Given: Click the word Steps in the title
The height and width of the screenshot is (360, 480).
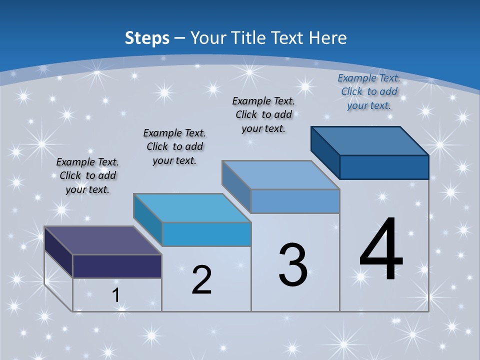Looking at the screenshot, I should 147,38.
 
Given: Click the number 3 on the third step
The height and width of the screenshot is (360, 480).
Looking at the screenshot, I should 293,265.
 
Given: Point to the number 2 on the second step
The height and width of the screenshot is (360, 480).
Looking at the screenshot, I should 201,280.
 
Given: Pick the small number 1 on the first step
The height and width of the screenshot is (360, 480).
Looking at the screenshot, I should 116,295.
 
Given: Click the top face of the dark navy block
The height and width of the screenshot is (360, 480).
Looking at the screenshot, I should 103,240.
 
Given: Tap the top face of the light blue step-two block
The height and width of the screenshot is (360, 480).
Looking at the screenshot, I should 192,207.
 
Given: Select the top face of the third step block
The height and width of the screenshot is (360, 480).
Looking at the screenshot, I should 281,175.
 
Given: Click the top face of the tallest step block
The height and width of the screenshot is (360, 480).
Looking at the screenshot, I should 370,141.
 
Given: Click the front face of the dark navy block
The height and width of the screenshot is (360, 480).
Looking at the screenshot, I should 117,266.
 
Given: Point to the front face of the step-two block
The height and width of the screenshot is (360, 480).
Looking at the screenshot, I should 206,234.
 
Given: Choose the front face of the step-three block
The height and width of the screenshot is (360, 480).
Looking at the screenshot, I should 295,201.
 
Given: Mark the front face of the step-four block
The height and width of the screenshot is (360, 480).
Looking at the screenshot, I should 384,167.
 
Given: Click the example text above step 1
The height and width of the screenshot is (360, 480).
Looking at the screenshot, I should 87,175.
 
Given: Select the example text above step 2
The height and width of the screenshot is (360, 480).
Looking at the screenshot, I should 174,146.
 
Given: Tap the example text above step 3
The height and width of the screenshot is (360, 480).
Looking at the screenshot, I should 263,114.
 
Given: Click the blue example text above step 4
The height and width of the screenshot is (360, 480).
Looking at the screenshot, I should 369,91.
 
